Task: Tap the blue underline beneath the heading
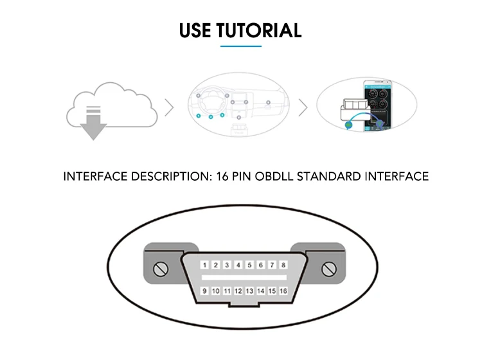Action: [241, 46]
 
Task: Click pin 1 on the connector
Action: [204, 265]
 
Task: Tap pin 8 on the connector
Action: [283, 265]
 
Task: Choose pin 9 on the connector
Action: [204, 291]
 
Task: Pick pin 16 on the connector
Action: [283, 291]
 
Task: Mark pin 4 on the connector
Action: [238, 265]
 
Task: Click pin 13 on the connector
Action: [249, 291]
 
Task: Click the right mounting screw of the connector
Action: [332, 268]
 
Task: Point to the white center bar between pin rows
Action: [244, 278]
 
